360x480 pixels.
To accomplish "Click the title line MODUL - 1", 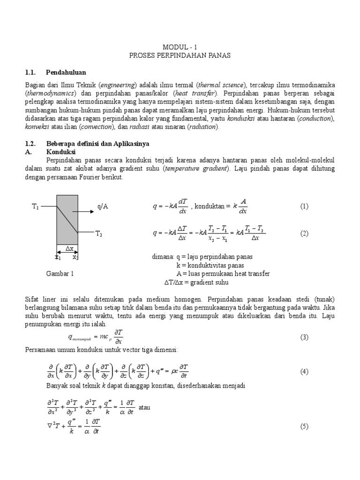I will click(x=180, y=47).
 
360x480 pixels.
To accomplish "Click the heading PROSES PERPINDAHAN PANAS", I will click(x=180, y=55).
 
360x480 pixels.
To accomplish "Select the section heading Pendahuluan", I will click(x=66, y=72).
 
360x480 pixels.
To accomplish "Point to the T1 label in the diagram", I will click(x=35, y=206).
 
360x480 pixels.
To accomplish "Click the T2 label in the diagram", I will click(x=99, y=233).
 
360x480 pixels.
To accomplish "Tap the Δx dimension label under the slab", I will click(x=68, y=248).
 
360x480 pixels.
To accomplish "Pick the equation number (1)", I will click(x=304, y=206).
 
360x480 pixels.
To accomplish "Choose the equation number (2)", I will click(x=304, y=233).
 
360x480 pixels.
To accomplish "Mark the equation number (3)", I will click(x=304, y=337).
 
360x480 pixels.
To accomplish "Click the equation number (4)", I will click(x=304, y=371).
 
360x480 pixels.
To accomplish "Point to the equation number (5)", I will click(x=304, y=426).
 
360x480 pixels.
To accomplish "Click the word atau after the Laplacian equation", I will click(x=144, y=407).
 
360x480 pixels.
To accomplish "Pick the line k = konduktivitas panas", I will click(x=210, y=265).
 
